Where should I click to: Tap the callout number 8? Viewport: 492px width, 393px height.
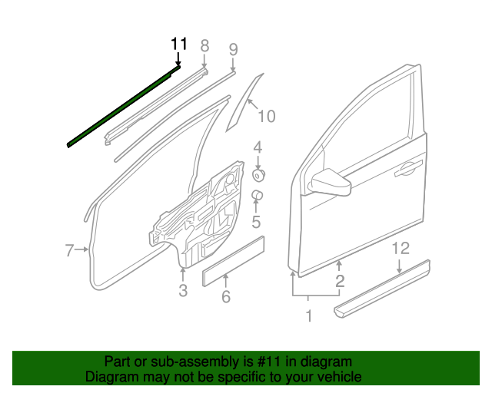[x=204, y=46]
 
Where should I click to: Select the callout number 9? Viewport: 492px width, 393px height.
[x=233, y=50]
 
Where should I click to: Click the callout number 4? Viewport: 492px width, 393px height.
[x=258, y=147]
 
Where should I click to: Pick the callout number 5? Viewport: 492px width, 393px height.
[x=257, y=223]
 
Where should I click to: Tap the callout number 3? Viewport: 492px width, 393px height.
[x=183, y=290]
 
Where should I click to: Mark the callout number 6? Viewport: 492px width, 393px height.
[x=226, y=297]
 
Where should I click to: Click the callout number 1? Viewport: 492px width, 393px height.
[x=309, y=315]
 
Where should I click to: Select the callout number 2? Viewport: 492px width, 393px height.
[x=339, y=282]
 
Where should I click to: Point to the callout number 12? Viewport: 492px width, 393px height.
[x=400, y=249]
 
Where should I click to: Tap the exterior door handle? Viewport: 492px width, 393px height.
[x=407, y=170]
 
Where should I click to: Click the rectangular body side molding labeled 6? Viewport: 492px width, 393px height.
[x=233, y=262]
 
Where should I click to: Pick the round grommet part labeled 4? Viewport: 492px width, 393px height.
[x=259, y=175]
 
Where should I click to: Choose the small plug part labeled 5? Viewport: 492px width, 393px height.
[x=258, y=196]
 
